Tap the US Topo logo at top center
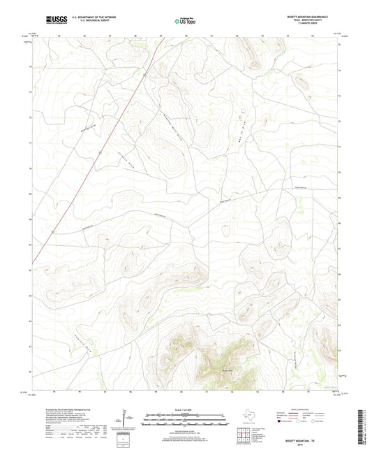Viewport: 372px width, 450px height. [x=185, y=21]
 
